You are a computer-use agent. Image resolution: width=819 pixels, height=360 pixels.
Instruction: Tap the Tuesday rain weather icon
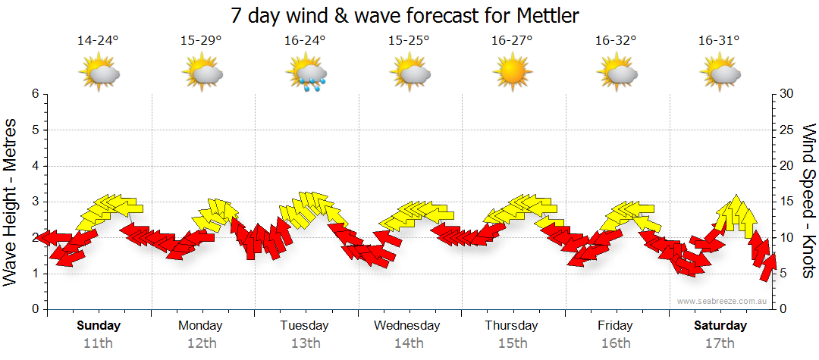(x=306, y=74)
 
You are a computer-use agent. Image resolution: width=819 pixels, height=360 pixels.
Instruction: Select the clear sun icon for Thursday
(x=513, y=74)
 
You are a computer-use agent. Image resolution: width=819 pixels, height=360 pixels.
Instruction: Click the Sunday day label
(x=99, y=326)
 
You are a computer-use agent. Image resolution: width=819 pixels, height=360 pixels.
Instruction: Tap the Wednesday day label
(x=407, y=326)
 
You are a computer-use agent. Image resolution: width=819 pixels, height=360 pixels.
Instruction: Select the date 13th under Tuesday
(x=305, y=343)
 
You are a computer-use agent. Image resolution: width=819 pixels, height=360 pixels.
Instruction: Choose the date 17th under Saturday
(x=720, y=343)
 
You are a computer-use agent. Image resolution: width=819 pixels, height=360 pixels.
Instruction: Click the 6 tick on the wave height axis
(x=35, y=94)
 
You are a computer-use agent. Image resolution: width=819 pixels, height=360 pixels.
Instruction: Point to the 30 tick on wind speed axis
(x=786, y=94)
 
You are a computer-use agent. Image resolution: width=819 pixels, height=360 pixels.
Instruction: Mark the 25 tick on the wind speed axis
(x=786, y=130)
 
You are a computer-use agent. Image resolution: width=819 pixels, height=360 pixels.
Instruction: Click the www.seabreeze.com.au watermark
(x=723, y=302)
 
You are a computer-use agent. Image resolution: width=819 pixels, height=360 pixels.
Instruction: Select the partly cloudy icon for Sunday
(x=99, y=74)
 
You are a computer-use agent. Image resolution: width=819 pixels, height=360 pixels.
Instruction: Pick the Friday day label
(x=615, y=326)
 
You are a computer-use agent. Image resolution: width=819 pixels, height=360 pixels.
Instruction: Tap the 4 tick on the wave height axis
(x=35, y=166)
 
